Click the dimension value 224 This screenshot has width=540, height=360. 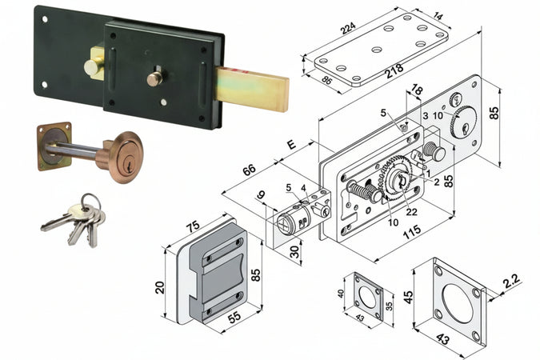click(348, 27)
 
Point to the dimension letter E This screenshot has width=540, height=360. click(292, 144)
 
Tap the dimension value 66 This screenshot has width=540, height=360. click(249, 170)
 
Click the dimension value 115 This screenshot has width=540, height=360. click(411, 231)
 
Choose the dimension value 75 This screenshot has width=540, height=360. click(193, 226)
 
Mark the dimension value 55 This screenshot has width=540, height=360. click(234, 317)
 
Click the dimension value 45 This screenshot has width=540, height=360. click(408, 298)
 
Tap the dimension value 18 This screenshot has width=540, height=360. click(417, 90)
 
